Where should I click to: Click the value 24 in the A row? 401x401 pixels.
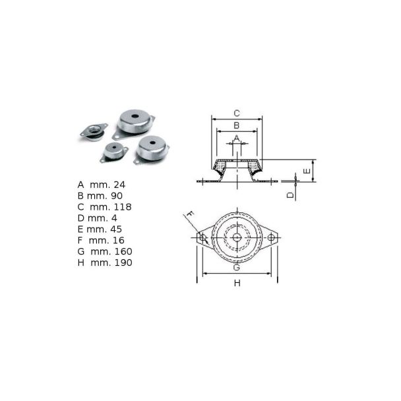(119, 185)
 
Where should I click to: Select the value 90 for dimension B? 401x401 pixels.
(117, 196)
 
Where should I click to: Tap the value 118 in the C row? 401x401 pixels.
(123, 207)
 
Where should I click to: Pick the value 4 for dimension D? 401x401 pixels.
(114, 218)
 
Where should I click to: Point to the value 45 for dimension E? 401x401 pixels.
(116, 229)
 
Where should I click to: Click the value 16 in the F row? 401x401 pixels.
(118, 240)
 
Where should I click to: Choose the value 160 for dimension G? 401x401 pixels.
(123, 251)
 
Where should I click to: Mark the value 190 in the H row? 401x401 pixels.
(123, 262)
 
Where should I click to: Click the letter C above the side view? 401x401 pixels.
(237, 113)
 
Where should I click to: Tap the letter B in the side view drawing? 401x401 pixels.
(237, 125)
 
